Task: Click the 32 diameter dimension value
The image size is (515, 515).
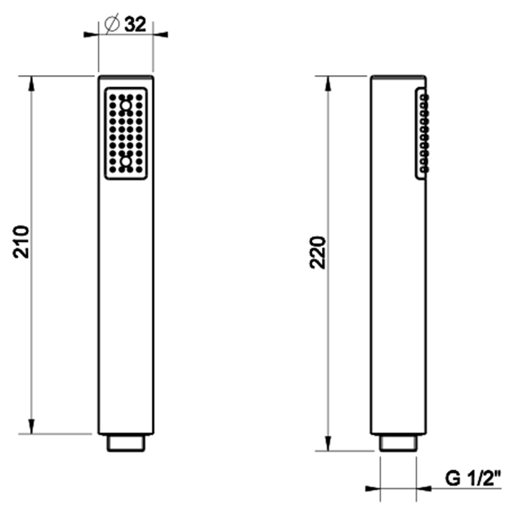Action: pyautogui.click(x=135, y=24)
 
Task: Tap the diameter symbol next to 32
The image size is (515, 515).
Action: pyautogui.click(x=112, y=24)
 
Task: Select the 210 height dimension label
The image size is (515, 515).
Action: pyautogui.click(x=21, y=242)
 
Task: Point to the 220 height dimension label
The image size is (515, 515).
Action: pyautogui.click(x=318, y=252)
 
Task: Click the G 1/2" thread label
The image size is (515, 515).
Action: pyautogui.click(x=474, y=479)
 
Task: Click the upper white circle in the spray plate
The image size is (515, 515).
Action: pyautogui.click(x=126, y=106)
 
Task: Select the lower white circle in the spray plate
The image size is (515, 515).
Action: pyautogui.click(x=126, y=161)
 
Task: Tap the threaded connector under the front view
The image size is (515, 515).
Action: pyautogui.click(x=126, y=443)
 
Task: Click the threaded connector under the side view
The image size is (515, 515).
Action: pyautogui.click(x=398, y=443)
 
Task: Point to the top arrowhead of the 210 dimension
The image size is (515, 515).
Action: pyautogui.click(x=31, y=84)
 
